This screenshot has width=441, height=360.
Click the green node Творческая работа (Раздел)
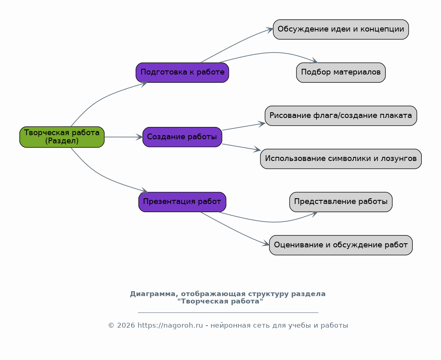tap(62, 137)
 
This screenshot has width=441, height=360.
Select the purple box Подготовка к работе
tap(182, 72)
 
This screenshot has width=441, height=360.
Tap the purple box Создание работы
tap(182, 137)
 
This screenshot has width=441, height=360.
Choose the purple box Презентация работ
tap(182, 202)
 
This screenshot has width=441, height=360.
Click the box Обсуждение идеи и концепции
tap(341, 29)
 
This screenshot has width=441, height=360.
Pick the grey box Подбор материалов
tap(341, 72)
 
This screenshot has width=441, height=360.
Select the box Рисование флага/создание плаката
tap(341, 115)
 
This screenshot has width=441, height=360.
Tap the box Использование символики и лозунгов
tap(341, 159)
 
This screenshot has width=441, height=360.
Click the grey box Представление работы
tap(341, 202)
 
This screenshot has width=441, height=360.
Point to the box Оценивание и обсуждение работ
tap(341, 245)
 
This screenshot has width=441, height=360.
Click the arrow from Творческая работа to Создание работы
tap(123, 137)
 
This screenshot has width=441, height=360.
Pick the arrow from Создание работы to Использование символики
tap(242, 147)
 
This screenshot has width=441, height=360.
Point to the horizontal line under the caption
tap(228, 312)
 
